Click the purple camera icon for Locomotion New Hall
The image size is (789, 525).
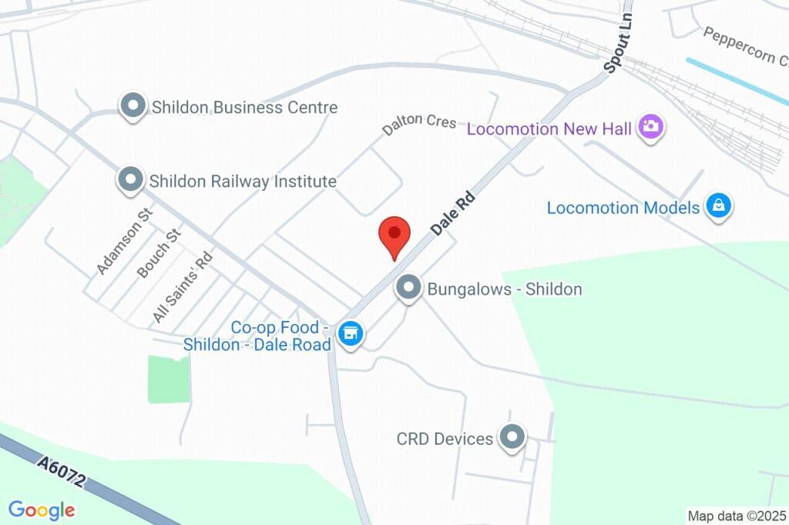coord(651,127)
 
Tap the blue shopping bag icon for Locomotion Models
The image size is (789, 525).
coord(719,206)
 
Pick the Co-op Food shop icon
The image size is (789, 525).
coord(351,334)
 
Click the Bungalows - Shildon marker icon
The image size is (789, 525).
coord(408,289)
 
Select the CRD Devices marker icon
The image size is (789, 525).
coord(512,438)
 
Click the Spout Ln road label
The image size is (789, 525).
coord(618,43)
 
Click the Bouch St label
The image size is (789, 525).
coord(158,253)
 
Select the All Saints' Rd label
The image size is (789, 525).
coord(182,286)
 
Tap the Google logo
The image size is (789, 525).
coord(42,510)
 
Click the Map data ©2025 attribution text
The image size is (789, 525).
coord(737,516)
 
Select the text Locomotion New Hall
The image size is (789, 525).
coord(549,128)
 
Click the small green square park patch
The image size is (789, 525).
coord(169,379)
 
